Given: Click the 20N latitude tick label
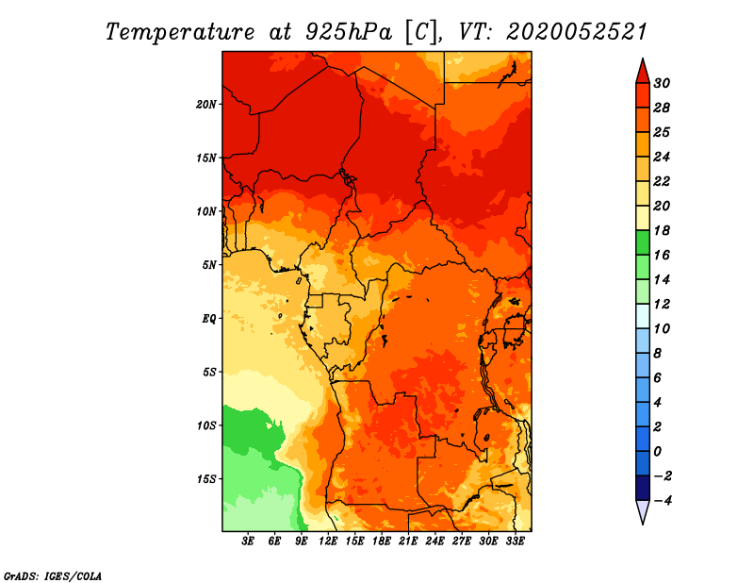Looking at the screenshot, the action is tap(206, 104).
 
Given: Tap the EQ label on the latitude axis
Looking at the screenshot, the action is tap(209, 319).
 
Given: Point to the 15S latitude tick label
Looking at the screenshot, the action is tap(206, 479).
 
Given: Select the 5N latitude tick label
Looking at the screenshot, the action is tap(209, 265).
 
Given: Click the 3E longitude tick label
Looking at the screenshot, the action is tap(248, 541).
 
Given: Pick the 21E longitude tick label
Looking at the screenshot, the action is tap(408, 541).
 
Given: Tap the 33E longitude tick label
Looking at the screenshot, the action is tap(515, 541).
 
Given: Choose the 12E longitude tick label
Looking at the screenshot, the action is tap(328, 541).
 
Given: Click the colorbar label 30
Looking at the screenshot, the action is tap(662, 83).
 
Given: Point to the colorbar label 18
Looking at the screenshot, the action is tap(662, 230).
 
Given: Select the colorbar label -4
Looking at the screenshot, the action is tap(663, 501).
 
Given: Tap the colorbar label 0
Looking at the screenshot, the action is tap(657, 452).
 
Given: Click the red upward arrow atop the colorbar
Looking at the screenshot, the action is tap(643, 72).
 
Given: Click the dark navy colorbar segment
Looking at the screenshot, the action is tap(643, 488).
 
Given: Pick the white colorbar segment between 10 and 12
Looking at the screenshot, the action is tap(643, 316).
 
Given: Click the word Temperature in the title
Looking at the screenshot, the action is tap(180, 32).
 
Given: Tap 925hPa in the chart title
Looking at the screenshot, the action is tap(348, 32).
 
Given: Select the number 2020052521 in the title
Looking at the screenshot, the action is tap(577, 32).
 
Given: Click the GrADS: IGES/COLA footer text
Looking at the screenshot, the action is tap(53, 576).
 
